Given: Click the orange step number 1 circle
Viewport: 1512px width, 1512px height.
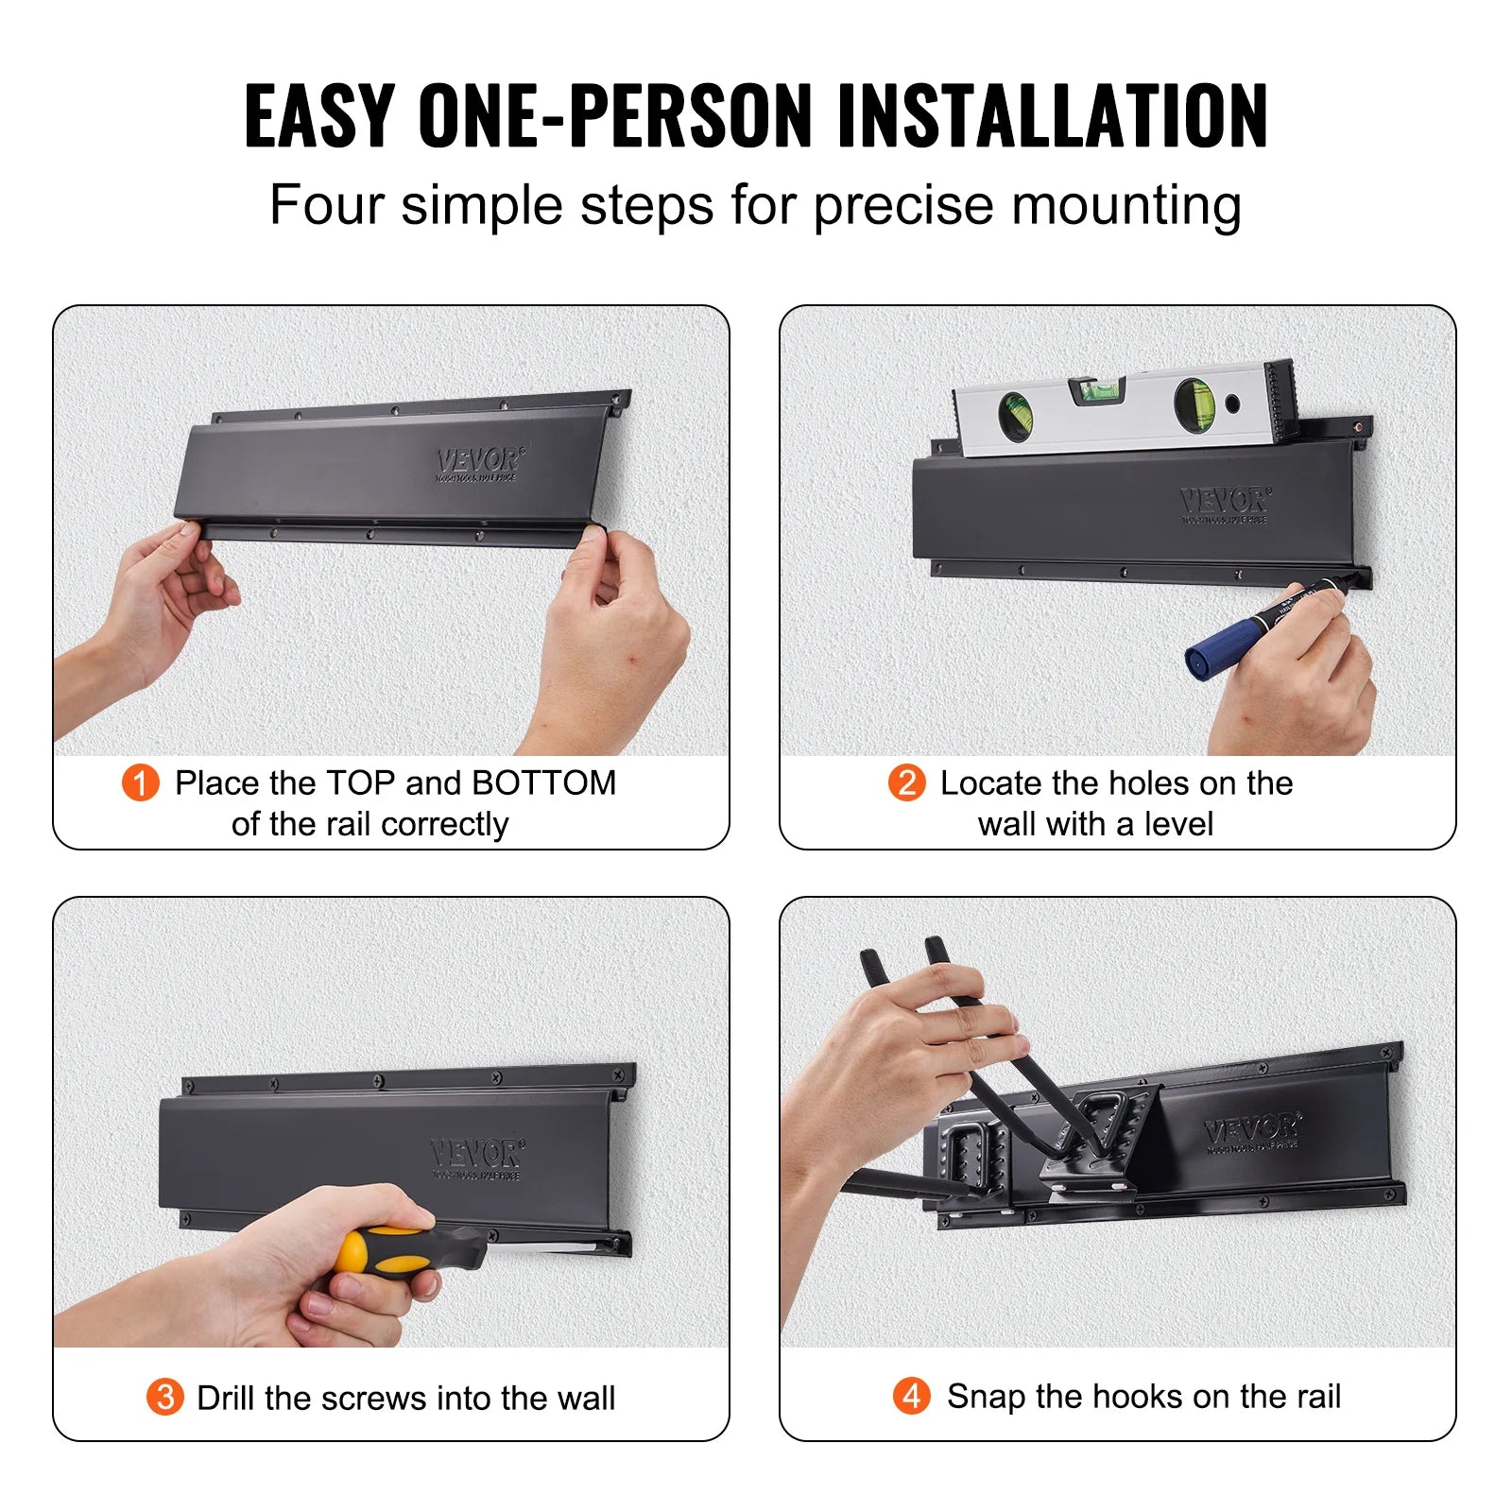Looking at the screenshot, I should (x=140, y=782).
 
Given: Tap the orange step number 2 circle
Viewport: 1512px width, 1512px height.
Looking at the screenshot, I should (x=906, y=782).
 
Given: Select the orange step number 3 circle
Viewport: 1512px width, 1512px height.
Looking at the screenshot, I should (x=164, y=1397).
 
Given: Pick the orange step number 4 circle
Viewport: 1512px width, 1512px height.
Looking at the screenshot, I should (x=911, y=1395).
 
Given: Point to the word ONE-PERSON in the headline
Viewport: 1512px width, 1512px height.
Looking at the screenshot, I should (x=614, y=116).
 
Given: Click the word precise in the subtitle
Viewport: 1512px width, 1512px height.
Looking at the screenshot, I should (x=903, y=205).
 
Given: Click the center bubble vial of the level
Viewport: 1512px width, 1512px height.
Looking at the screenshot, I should (x=1097, y=388).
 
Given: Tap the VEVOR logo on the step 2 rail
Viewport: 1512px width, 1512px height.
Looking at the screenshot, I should (x=1225, y=502).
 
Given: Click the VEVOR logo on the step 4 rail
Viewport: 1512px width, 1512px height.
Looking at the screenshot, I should (x=1251, y=1128).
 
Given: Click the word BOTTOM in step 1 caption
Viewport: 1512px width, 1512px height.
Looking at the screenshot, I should (x=543, y=782).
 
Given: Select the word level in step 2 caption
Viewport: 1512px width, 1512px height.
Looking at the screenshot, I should (x=1177, y=824).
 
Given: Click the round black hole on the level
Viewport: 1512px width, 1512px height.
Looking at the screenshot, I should (x=1232, y=404).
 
